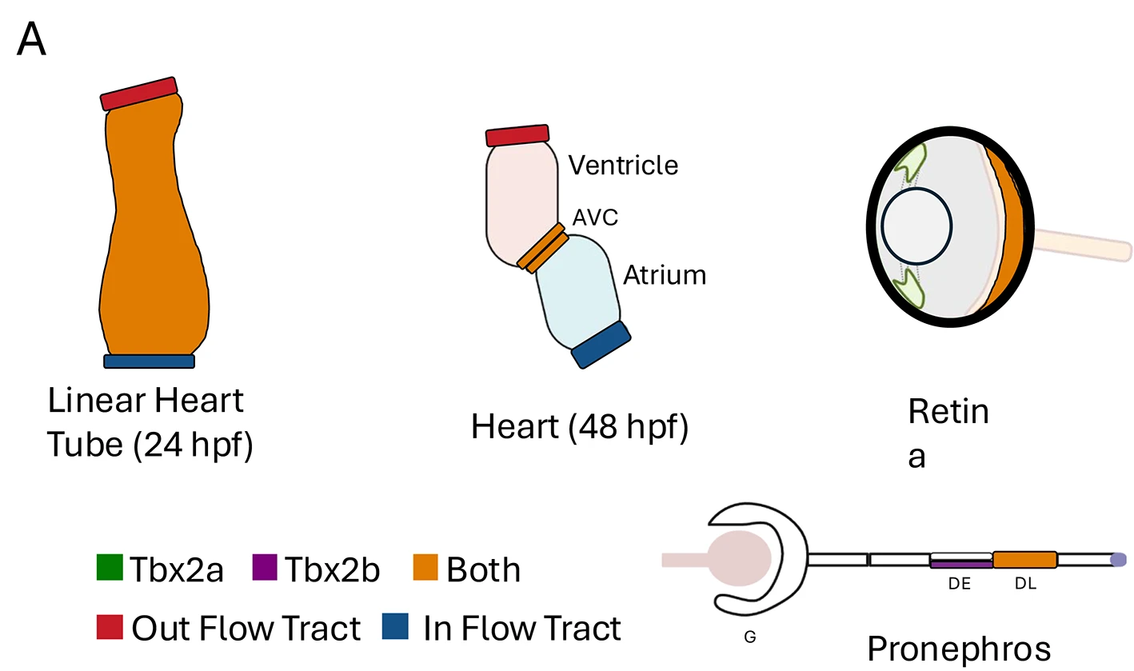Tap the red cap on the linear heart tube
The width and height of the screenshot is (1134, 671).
(138, 94)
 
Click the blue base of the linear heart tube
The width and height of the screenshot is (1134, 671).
(150, 361)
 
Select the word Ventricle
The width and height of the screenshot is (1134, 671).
(623, 165)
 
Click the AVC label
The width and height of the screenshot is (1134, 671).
(595, 218)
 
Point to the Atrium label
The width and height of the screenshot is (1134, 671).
(665, 275)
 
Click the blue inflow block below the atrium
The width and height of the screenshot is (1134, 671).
(601, 345)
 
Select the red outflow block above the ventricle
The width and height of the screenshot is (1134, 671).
(517, 135)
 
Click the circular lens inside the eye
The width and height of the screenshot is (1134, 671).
(916, 226)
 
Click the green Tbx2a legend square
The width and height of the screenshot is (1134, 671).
(110, 567)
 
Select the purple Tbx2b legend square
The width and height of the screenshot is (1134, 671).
(265, 567)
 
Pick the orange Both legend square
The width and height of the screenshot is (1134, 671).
(425, 567)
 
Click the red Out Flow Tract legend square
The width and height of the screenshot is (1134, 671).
(110, 627)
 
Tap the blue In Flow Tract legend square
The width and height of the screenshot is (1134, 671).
(395, 627)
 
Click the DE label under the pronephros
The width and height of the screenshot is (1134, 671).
(960, 584)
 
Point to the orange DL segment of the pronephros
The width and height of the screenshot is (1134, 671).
(1025, 560)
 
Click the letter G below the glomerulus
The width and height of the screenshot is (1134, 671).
(750, 637)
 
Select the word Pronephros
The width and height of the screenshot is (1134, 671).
(959, 649)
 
